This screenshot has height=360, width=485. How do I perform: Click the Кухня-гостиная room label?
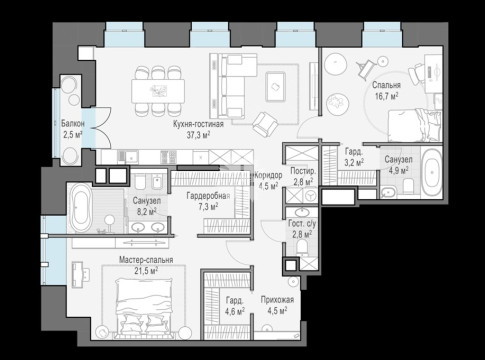(x=198, y=124)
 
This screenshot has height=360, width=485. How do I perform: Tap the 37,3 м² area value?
(x=198, y=135)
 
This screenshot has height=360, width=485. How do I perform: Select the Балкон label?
(x=73, y=124)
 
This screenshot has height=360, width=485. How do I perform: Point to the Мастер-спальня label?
(x=146, y=260)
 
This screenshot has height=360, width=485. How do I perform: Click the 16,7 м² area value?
(x=386, y=96)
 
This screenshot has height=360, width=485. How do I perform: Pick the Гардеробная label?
(x=208, y=196)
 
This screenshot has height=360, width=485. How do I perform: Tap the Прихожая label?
(x=277, y=300)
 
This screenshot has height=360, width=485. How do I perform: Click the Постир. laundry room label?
(x=303, y=171)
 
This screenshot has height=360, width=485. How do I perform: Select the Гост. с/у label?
(x=302, y=224)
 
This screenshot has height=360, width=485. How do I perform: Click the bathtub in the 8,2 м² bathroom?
(x=81, y=208)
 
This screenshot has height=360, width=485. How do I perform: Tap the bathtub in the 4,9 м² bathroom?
(x=432, y=173)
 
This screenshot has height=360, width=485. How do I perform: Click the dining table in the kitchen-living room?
(x=158, y=91)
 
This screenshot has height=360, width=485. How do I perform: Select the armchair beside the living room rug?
(x=265, y=124)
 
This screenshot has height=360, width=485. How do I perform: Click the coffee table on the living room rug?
(x=275, y=87)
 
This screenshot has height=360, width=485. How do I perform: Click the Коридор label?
(x=269, y=175)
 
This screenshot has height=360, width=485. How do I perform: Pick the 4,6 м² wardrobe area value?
(x=235, y=311)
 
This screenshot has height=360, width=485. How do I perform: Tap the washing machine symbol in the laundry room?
(x=311, y=195)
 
